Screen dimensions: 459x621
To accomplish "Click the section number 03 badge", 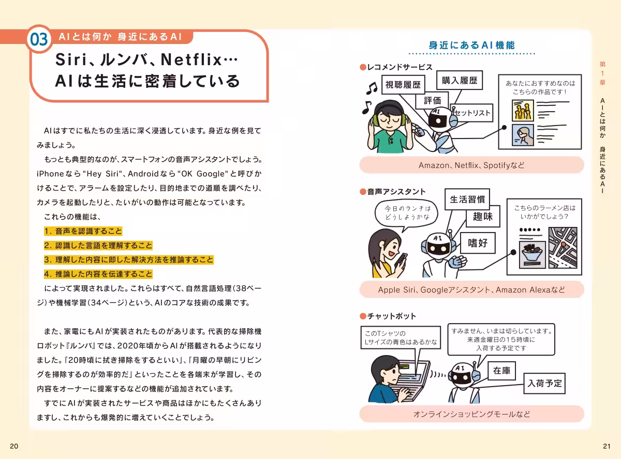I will coord(39,39).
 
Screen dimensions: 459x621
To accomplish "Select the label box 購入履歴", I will coord(460,81).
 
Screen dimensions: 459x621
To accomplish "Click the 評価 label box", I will coord(432,100).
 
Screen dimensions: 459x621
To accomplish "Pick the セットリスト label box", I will coord(472,113).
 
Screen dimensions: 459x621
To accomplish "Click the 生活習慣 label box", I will coord(467,200).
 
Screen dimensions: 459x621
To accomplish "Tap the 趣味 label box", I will coord(483,217).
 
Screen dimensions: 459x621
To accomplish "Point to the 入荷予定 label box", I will coord(544,384).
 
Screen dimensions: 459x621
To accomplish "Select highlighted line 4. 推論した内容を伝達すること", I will coord(98,274).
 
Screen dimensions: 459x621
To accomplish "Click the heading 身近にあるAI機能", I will coord(471,45).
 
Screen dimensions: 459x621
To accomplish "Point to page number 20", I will coord(14,446).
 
